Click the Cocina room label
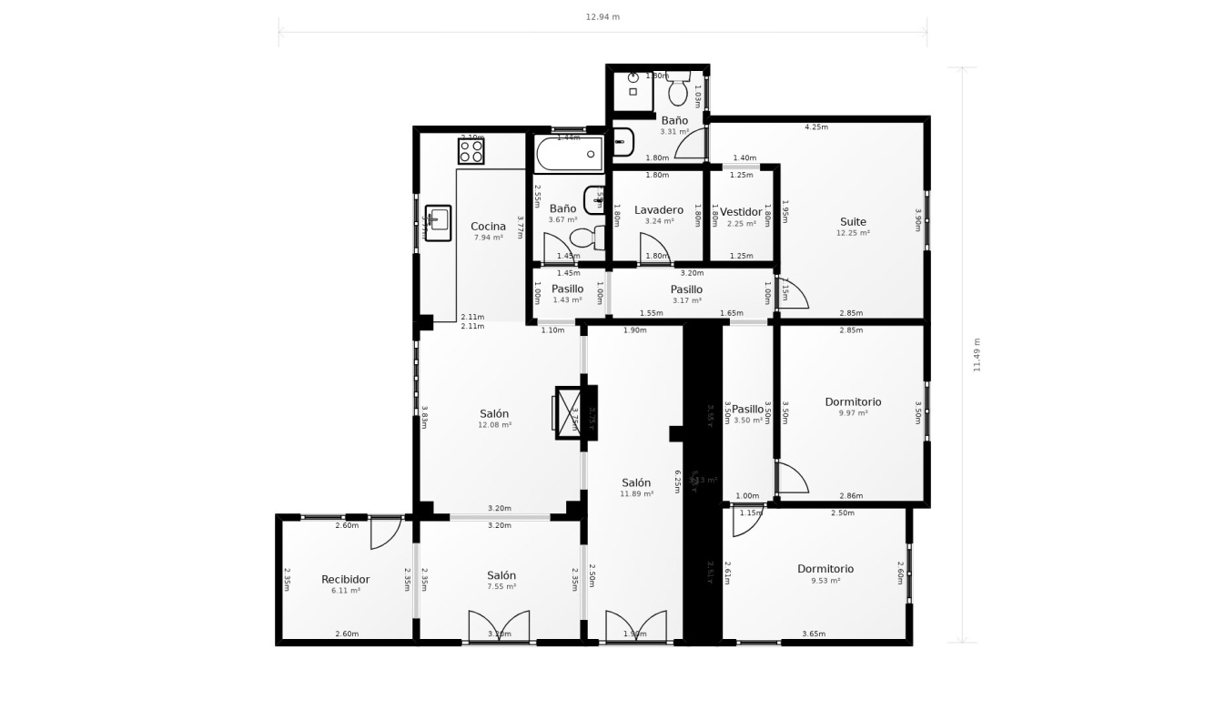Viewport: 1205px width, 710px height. click(x=488, y=227)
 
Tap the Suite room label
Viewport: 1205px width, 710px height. click(x=853, y=221)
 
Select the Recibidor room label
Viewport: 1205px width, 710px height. click(x=346, y=579)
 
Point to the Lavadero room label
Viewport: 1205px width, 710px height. click(x=659, y=210)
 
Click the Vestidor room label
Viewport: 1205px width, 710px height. click(x=741, y=212)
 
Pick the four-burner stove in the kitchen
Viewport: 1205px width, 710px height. click(x=471, y=151)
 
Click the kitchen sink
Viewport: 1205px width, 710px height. click(x=438, y=223)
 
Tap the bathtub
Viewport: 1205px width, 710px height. click(x=570, y=154)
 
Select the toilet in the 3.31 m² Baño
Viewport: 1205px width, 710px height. click(x=677, y=91)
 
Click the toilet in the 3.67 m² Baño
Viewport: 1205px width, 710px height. click(x=587, y=238)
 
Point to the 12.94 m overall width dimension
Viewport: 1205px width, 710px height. click(x=602, y=17)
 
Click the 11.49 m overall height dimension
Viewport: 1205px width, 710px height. click(x=977, y=354)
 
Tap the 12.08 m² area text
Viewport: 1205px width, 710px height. click(x=495, y=425)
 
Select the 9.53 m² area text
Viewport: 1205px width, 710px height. click(x=825, y=580)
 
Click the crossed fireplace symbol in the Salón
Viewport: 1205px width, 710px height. click(x=571, y=412)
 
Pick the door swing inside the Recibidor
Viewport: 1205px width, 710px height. click(x=386, y=532)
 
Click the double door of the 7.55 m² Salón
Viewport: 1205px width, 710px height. click(x=499, y=626)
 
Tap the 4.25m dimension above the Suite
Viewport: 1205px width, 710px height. click(x=816, y=127)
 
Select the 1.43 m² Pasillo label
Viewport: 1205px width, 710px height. click(x=567, y=299)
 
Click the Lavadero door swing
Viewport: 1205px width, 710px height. click(x=653, y=248)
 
